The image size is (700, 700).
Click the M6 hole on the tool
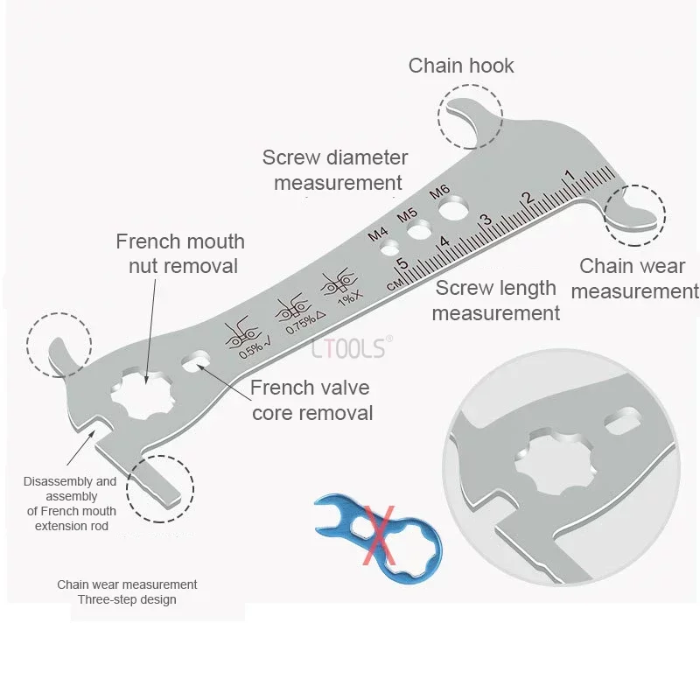[x=453, y=209]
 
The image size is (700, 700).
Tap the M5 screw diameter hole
[x=419, y=230]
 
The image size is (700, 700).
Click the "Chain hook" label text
[x=461, y=66]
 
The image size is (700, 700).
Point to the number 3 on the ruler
[x=486, y=220]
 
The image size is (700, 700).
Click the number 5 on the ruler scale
[x=402, y=263]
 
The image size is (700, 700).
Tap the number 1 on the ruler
[x=569, y=175]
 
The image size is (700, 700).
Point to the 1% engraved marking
[x=349, y=297]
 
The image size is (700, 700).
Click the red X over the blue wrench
[x=379, y=535]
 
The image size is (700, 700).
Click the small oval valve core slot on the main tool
[x=196, y=361]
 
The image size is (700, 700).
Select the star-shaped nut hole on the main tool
[x=142, y=393]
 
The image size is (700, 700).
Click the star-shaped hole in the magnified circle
[x=555, y=462]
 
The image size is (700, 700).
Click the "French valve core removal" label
[x=311, y=400]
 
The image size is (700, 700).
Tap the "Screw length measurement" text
[x=495, y=300]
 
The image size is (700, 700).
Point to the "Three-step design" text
[x=127, y=599]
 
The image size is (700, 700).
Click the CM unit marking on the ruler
[x=395, y=284]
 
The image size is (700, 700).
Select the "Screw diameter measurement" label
[x=335, y=170]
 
